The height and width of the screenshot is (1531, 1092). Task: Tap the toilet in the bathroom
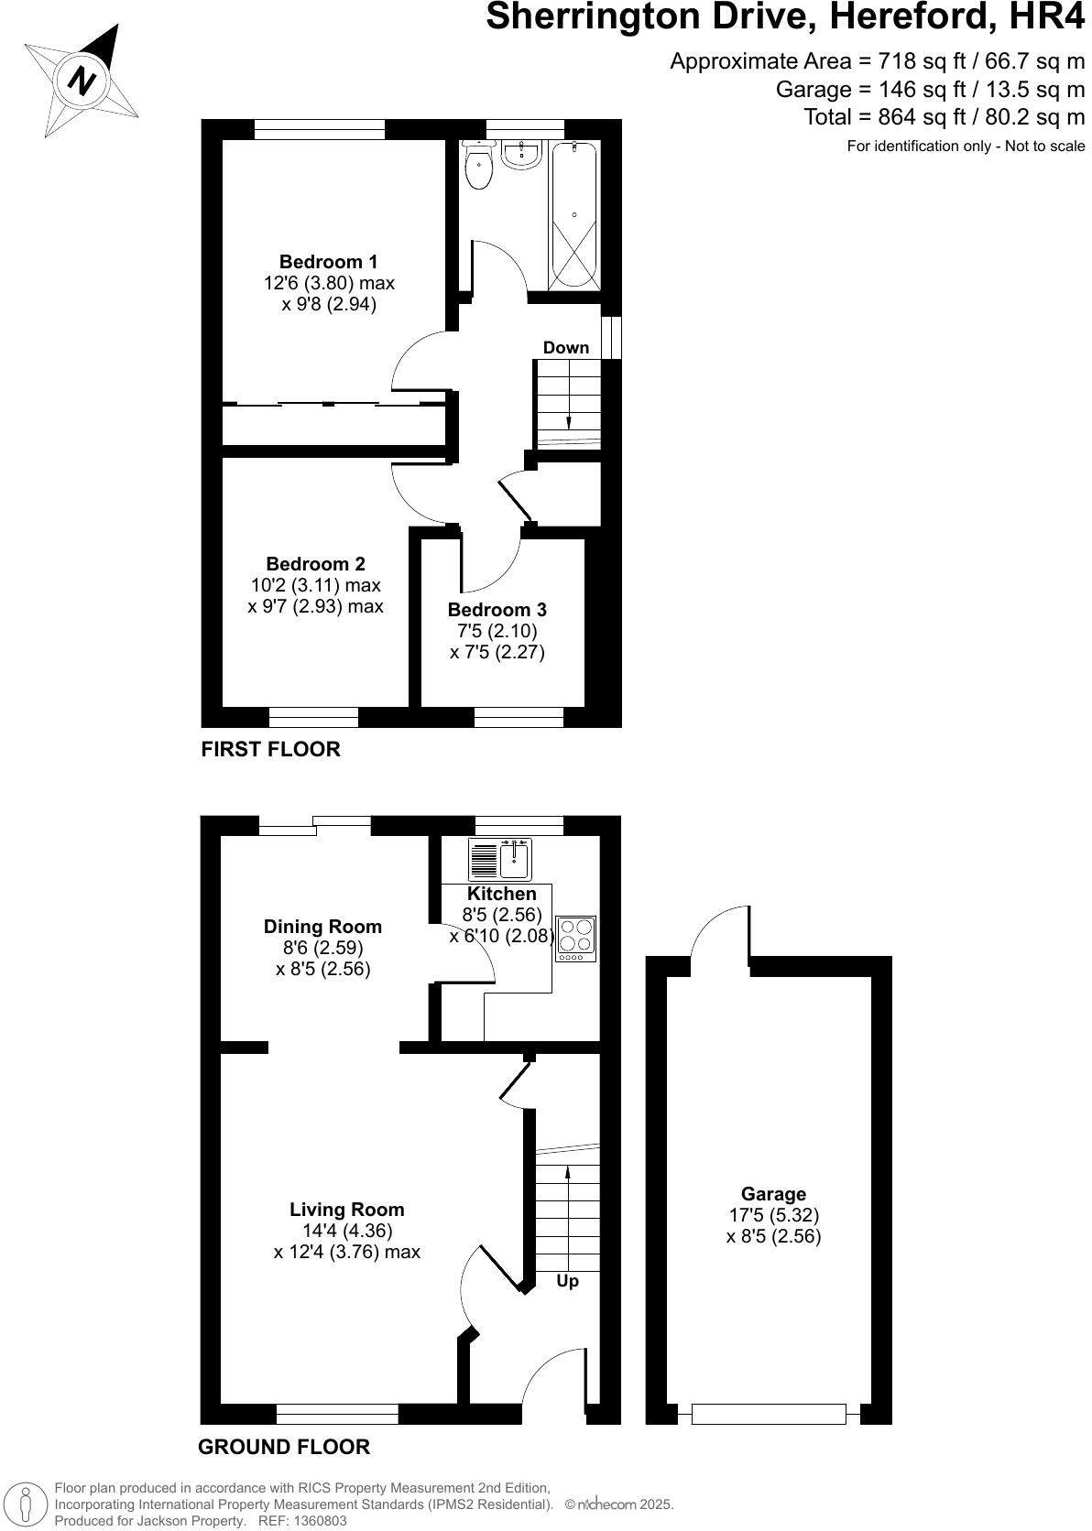(x=478, y=167)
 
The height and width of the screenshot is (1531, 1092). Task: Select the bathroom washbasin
(x=521, y=154)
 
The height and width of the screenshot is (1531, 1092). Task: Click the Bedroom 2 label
(x=315, y=564)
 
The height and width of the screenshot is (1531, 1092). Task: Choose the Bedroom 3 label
(x=497, y=610)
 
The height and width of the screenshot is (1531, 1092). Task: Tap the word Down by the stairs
(x=566, y=348)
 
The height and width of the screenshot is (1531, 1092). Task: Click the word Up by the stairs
(x=568, y=1281)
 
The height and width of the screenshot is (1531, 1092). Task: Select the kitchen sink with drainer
(x=500, y=859)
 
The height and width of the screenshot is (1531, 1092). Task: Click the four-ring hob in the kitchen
(x=575, y=939)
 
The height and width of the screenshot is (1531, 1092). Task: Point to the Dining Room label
(x=322, y=927)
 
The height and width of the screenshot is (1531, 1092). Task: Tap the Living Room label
(x=346, y=1210)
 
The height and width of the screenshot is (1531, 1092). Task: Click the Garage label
(x=773, y=1194)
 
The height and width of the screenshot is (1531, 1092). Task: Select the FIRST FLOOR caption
(x=270, y=749)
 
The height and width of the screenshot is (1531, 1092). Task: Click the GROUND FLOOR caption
(x=284, y=1447)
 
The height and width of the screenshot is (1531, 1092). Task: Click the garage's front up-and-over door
(x=769, y=1415)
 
